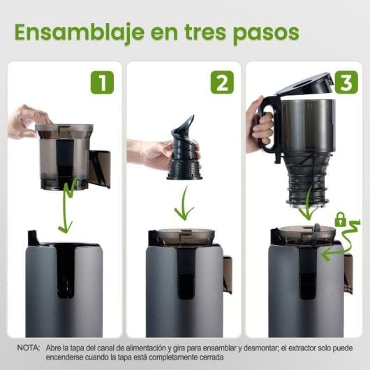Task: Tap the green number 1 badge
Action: (x=102, y=82)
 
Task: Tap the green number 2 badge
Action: (x=221, y=82)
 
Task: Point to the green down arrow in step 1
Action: (x=66, y=206)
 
